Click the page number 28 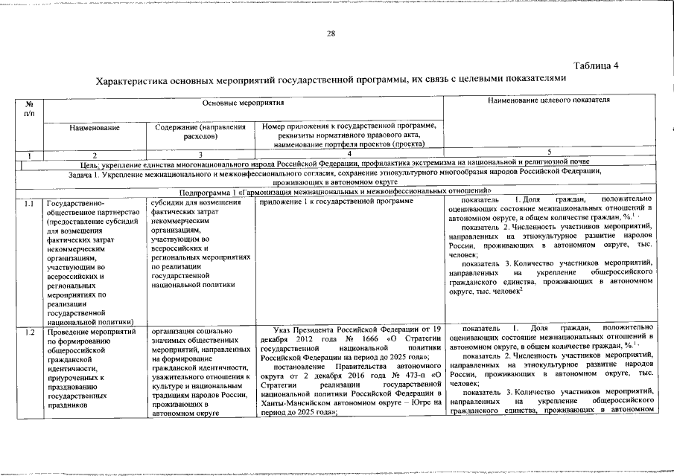coord(331,33)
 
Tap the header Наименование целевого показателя coord(549,100)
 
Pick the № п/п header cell coord(29,108)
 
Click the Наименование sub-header coord(95,127)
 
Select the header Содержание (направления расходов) coord(201,132)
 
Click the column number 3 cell coord(201,153)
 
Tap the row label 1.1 coord(29,202)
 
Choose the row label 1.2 coord(29,329)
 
